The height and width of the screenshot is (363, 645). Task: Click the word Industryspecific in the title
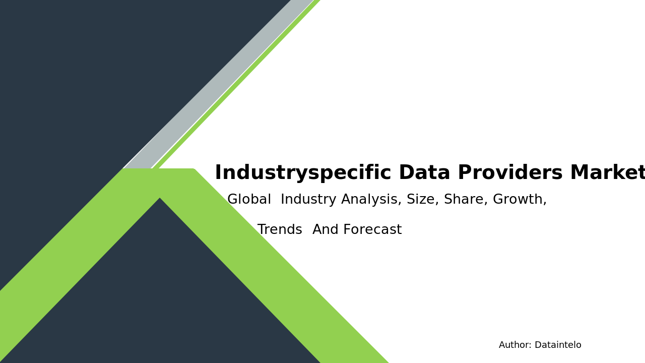[303, 173]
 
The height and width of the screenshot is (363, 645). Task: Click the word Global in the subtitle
[249, 200]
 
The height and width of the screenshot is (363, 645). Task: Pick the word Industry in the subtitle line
[308, 200]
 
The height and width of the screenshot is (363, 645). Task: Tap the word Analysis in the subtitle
[371, 200]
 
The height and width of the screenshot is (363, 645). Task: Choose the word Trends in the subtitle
[280, 230]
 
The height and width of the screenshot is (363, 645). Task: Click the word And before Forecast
[327, 230]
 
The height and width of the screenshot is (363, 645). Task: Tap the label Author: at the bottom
[515, 345]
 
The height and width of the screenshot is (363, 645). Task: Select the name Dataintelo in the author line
[558, 345]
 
